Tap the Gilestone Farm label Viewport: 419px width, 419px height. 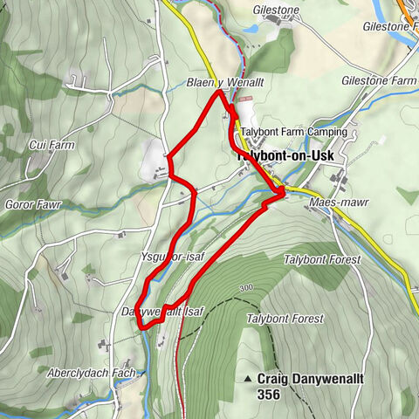378,80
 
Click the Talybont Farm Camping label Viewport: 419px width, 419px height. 295,132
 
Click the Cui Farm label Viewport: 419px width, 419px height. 50,145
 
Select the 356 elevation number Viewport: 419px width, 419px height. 269,395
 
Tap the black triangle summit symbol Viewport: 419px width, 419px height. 249,379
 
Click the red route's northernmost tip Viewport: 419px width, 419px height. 218,90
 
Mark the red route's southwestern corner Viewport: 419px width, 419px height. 140,327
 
